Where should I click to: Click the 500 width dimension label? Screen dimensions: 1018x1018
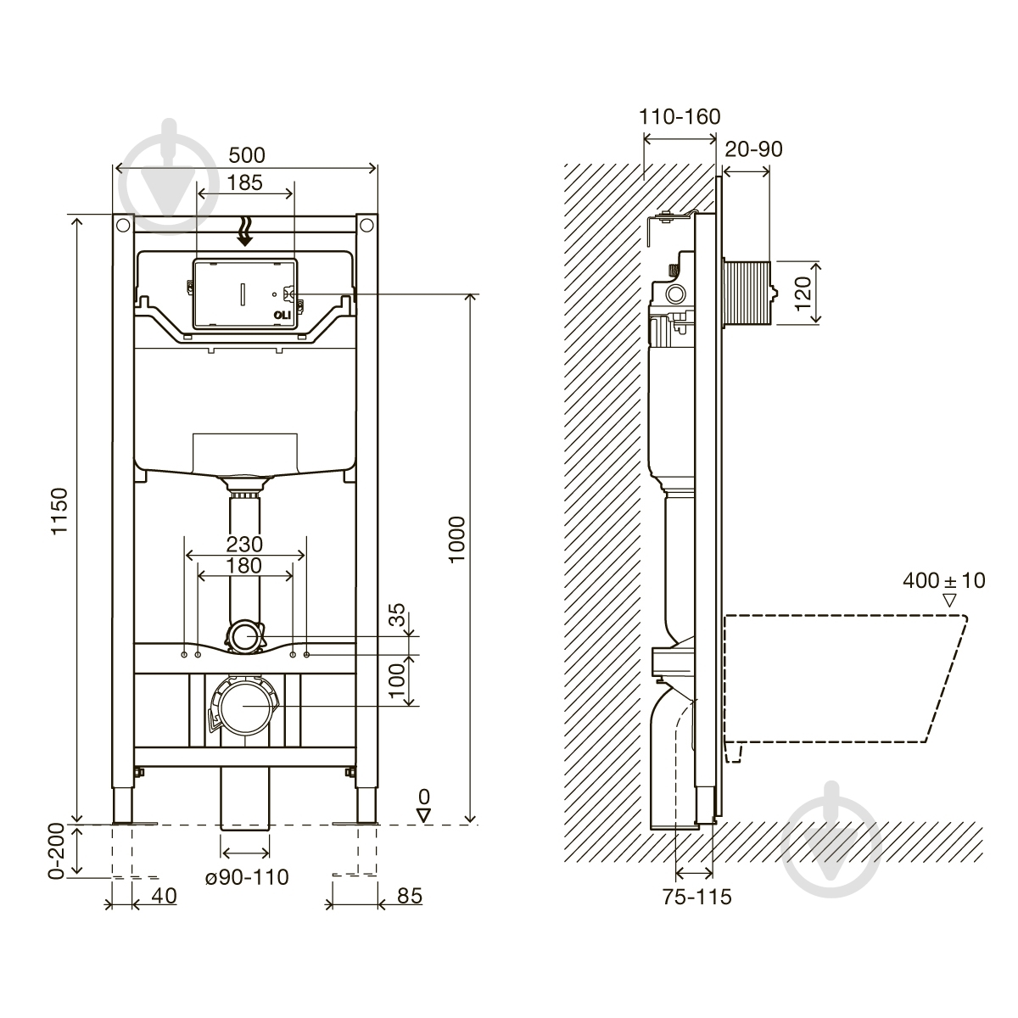247,155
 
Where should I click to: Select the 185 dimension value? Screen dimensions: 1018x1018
244,182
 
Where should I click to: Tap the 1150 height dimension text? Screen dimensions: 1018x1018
59,512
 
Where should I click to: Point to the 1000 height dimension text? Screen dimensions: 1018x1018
456,540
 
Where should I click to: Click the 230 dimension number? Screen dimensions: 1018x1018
244,544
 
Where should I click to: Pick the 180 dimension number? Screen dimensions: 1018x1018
244,566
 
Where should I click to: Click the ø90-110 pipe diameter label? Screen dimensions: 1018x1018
247,877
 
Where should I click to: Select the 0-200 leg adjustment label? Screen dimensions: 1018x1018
56,851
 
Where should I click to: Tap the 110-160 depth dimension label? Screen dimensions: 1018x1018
680,117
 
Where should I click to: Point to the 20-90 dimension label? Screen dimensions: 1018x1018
753,149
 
